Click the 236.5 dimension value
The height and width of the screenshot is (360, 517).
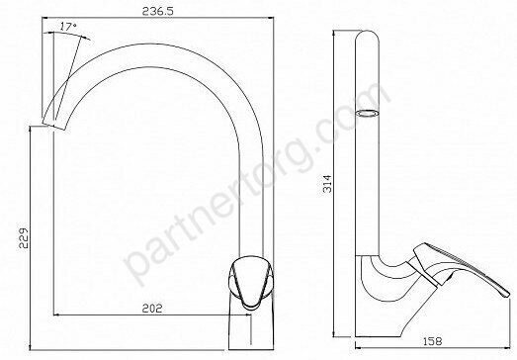tap(157, 11)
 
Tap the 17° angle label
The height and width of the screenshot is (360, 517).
tap(68, 27)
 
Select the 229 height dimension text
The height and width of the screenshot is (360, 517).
tap(24, 238)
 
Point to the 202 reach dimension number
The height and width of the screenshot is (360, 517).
tap(152, 309)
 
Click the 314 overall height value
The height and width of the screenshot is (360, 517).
tap(328, 184)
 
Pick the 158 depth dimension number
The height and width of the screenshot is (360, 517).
tap(432, 341)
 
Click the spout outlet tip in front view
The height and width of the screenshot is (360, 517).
tap(54, 126)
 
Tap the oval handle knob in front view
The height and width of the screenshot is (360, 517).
tap(251, 282)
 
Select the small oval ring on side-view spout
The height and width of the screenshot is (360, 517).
tap(367, 113)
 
